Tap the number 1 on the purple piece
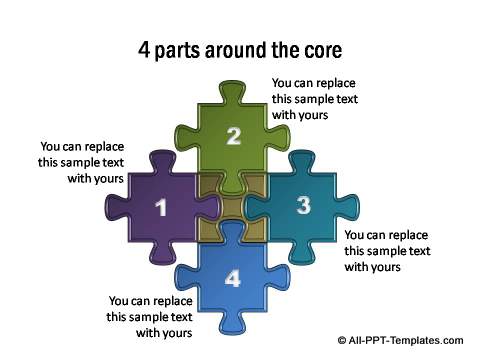(x=161, y=207)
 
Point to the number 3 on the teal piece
(x=304, y=205)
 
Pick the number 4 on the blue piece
(x=233, y=278)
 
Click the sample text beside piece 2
(x=315, y=99)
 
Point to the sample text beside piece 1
(x=81, y=162)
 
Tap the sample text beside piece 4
(x=150, y=316)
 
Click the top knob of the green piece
(x=233, y=91)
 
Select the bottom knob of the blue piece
(x=233, y=323)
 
